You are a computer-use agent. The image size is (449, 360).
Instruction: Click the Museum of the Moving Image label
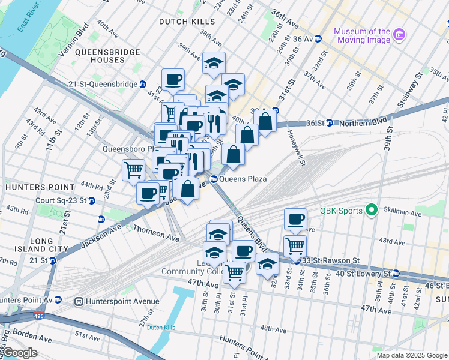pyautogui.click(x=362, y=35)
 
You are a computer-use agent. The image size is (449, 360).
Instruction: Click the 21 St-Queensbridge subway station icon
pyautogui.click(x=143, y=85)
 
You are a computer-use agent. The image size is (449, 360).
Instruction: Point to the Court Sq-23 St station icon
pyautogui.click(x=92, y=201)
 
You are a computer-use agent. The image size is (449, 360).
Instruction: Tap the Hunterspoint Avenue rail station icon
pyautogui.click(x=78, y=301)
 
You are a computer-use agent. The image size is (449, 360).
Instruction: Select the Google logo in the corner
pyautogui.click(x=20, y=353)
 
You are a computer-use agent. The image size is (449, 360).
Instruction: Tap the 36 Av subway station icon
pyautogui.click(x=318, y=39)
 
